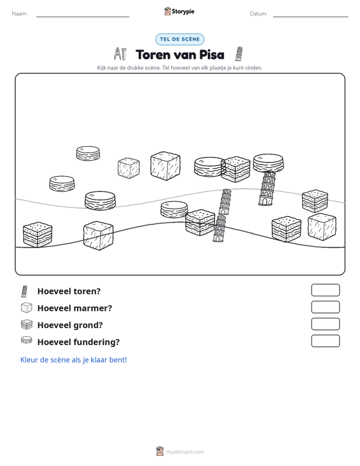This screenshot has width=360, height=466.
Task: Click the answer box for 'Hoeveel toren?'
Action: (325, 290)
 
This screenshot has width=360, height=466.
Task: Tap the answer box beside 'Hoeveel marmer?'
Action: (325, 307)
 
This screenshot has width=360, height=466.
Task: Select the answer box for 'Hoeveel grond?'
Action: (325, 324)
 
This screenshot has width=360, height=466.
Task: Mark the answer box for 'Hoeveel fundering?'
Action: (325, 341)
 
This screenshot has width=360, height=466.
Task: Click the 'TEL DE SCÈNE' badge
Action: (179, 39)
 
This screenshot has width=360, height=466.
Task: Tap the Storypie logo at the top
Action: (179, 11)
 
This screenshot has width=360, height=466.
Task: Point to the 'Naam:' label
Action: (20, 14)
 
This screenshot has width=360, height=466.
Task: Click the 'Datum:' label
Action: (258, 14)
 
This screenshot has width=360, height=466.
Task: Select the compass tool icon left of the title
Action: (120, 54)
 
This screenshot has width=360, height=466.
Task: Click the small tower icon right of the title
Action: (239, 54)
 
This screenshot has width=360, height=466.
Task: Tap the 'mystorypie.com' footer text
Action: (184, 452)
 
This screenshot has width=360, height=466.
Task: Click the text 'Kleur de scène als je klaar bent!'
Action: (73, 360)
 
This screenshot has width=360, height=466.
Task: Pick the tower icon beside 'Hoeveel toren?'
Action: (24, 291)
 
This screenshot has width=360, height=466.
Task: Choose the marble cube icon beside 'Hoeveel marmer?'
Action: (27, 308)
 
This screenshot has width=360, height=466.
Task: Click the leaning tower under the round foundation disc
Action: (268, 188)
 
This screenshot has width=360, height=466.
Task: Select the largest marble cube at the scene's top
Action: (165, 166)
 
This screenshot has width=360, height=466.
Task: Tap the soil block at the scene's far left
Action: (38, 235)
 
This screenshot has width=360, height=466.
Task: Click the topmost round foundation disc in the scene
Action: (88, 153)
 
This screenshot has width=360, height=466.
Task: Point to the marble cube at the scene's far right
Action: (322, 227)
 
